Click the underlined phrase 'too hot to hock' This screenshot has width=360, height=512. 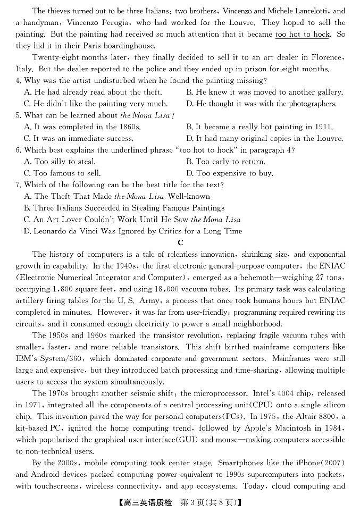302,34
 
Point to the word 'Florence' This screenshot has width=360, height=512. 325,57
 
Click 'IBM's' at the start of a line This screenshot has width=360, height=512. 28,359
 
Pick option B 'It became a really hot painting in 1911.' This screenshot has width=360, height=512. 259,127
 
